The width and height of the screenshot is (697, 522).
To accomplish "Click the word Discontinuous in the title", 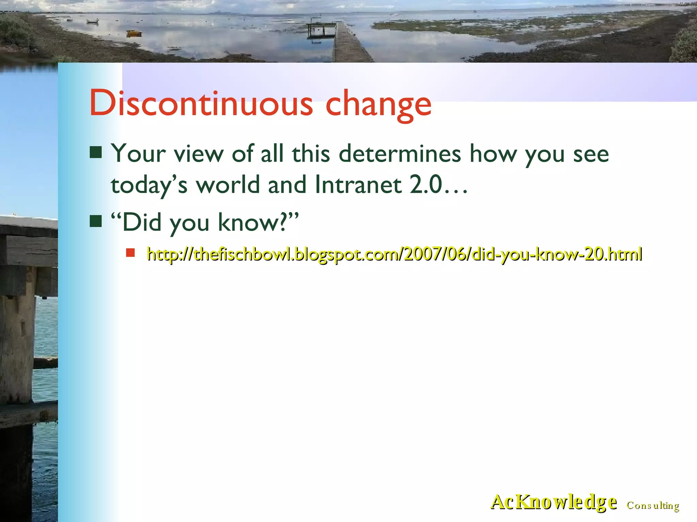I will point(201,103).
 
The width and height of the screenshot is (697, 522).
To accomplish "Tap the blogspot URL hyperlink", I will point(394,254).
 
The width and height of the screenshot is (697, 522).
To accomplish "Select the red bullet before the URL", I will point(130,253).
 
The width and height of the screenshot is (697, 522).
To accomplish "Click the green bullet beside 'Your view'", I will point(96,153).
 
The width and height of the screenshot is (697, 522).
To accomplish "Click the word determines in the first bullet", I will point(400,154).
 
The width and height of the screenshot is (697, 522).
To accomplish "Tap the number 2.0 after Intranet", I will point(426,185).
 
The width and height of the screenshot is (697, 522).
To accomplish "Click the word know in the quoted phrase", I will point(248,223).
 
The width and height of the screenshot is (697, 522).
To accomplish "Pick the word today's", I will point(149,186).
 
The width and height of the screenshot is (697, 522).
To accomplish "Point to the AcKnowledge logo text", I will point(553,502).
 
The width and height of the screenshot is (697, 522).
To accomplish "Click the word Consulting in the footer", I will point(653,506).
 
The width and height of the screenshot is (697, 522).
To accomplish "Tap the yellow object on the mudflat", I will point(134,33).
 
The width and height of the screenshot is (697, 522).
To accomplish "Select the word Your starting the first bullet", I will point(139,154).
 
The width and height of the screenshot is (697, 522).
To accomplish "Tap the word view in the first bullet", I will point(198,154).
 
